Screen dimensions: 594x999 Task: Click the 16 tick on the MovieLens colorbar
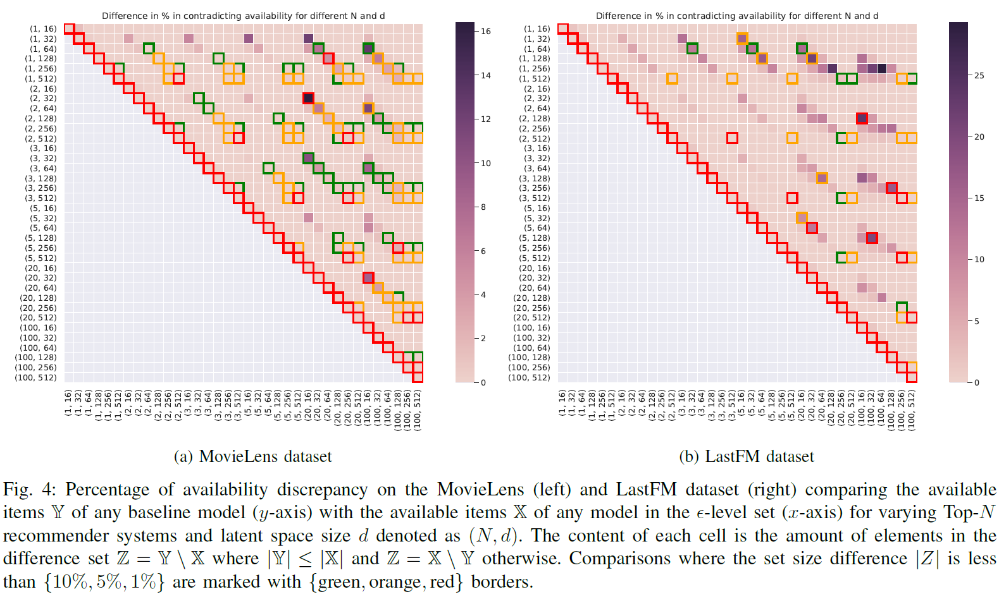point(485,31)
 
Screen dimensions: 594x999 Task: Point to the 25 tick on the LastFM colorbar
point(979,75)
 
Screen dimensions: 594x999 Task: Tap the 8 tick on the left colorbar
point(483,207)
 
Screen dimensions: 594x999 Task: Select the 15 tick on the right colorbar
point(979,198)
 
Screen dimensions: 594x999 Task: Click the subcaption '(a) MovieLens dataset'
point(252,456)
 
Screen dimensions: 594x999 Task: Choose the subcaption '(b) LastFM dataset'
point(747,456)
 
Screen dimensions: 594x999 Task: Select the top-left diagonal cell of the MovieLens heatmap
point(70,28)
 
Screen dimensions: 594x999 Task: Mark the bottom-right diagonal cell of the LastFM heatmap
point(912,377)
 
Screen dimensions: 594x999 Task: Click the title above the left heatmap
point(243,16)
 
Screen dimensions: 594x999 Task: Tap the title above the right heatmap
point(737,16)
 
